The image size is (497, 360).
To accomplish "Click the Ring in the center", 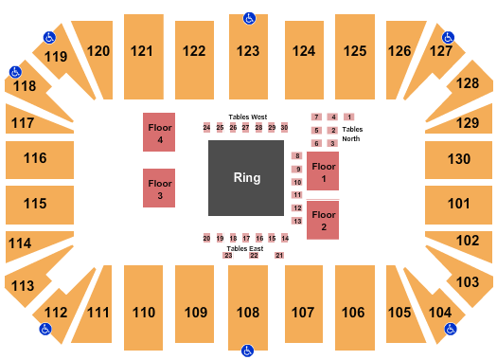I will click(247, 178).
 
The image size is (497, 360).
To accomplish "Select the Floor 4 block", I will click(160, 133).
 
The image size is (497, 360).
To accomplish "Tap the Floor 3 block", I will click(160, 188).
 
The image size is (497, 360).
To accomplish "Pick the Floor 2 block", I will click(323, 222).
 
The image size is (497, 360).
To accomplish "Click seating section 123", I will click(248, 51).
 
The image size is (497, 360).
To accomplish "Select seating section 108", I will click(248, 312).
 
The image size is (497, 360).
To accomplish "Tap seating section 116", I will click(35, 158).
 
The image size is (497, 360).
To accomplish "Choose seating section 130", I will click(459, 158).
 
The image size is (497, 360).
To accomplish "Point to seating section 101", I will click(459, 203).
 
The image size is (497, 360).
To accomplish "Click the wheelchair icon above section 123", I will click(249, 18).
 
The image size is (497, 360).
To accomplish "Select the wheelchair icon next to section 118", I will click(15, 71).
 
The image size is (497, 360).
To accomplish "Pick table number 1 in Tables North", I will click(348, 117).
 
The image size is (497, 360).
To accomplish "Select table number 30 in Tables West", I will click(284, 127).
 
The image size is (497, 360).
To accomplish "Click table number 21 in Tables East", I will click(279, 256).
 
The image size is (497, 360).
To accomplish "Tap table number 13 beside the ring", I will click(296, 221).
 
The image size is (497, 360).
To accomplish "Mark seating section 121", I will click(143, 51).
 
